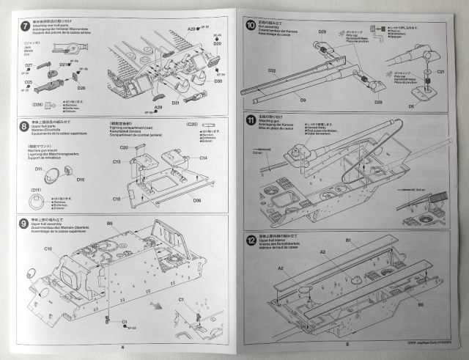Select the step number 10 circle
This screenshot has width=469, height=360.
251,25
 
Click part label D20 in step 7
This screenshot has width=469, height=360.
218,44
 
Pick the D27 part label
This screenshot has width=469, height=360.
29,65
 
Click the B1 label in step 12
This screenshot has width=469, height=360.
348,240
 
